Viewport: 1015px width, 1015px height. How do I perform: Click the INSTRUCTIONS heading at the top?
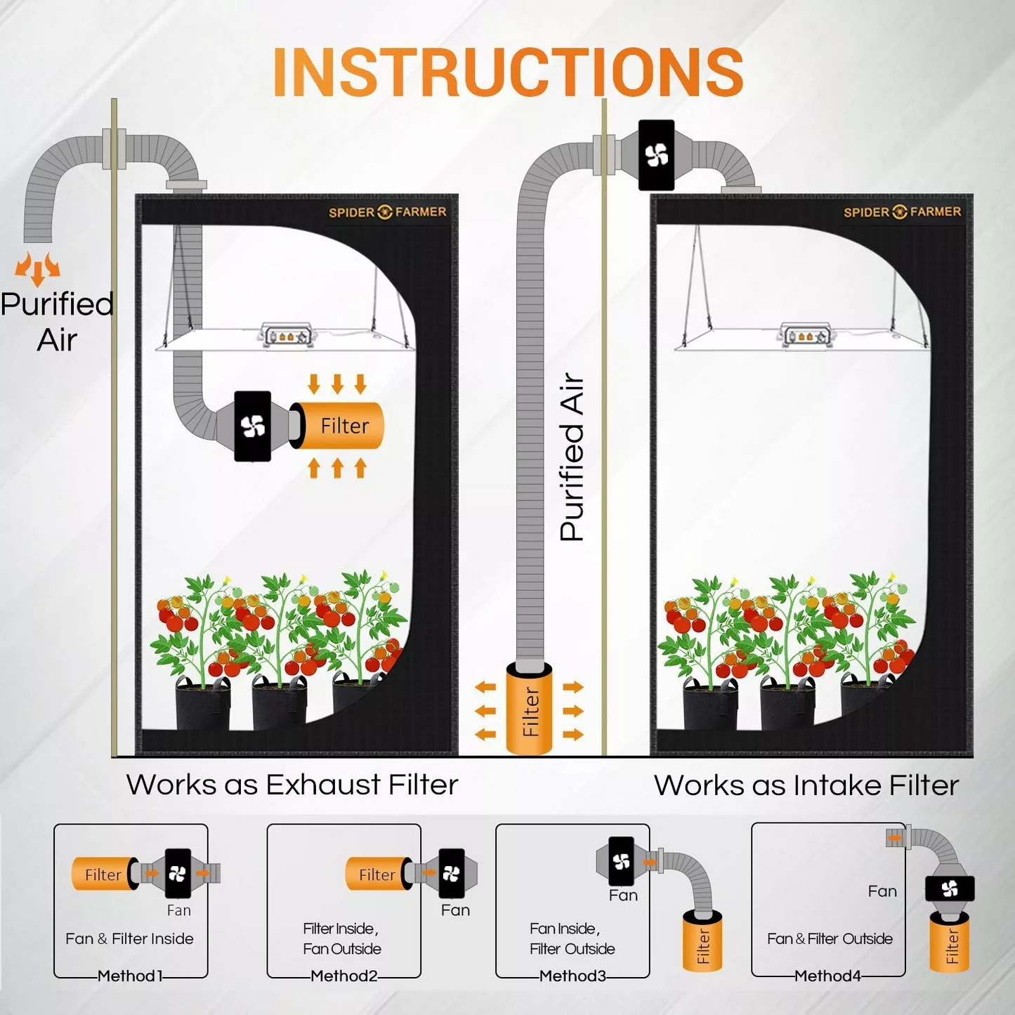pyautogui.click(x=508, y=72)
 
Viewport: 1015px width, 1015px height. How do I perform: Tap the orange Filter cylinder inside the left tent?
pyautogui.click(x=341, y=426)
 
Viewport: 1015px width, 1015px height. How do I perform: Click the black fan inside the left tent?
pyautogui.click(x=253, y=426)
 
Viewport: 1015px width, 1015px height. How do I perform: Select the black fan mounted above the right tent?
pyautogui.click(x=656, y=155)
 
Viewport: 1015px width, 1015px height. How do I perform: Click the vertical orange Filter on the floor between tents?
pyautogui.click(x=530, y=710)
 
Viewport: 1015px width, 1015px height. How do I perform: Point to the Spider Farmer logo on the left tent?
pyautogui.click(x=387, y=212)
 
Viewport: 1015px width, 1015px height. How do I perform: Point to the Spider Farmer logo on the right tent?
pyautogui.click(x=902, y=212)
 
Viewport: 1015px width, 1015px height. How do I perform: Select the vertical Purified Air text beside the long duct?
pyautogui.click(x=572, y=457)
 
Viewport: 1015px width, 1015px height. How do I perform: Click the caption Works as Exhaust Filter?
pyautogui.click(x=292, y=785)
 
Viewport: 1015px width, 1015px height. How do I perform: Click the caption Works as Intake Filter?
pyautogui.click(x=806, y=785)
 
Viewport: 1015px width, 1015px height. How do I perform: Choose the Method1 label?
pyautogui.click(x=130, y=976)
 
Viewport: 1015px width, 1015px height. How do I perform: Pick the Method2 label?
pyautogui.click(x=343, y=976)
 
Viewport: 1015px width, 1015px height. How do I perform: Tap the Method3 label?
pyautogui.click(x=572, y=976)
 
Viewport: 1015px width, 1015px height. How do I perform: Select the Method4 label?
pyautogui.click(x=827, y=976)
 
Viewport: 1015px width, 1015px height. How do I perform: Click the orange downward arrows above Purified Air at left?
pyautogui.click(x=38, y=268)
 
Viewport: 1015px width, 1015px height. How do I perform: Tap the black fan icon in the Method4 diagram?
pyautogui.click(x=950, y=889)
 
